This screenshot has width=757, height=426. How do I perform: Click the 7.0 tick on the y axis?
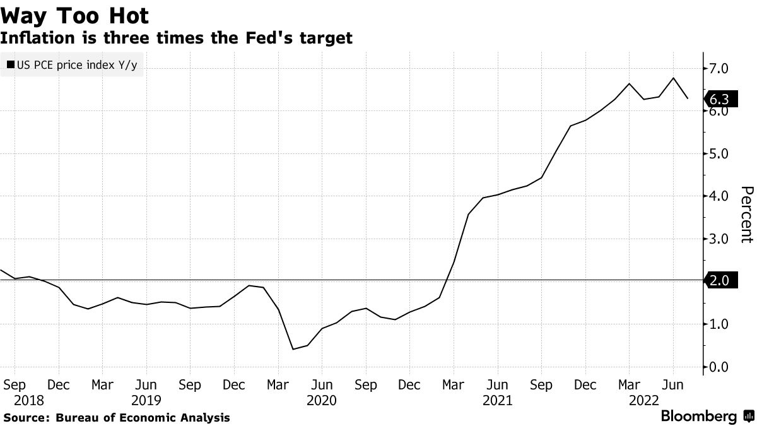coord(719,68)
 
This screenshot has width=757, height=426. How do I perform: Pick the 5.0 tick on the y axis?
coord(719,153)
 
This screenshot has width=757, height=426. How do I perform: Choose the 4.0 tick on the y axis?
coord(719,196)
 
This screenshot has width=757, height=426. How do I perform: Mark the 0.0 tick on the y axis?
coord(719,367)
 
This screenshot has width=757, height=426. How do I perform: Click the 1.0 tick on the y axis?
coord(719,324)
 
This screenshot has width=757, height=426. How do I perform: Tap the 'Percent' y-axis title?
coord(746,214)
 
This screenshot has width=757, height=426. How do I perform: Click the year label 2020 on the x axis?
coord(322,399)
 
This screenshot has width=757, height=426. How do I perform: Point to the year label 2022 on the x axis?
coord(644,399)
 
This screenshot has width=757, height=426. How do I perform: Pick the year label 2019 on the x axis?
coord(147,399)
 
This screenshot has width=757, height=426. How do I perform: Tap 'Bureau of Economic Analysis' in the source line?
coord(143,417)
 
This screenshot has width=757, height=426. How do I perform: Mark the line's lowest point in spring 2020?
coord(293,349)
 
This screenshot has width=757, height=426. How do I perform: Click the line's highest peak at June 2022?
coord(673,78)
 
